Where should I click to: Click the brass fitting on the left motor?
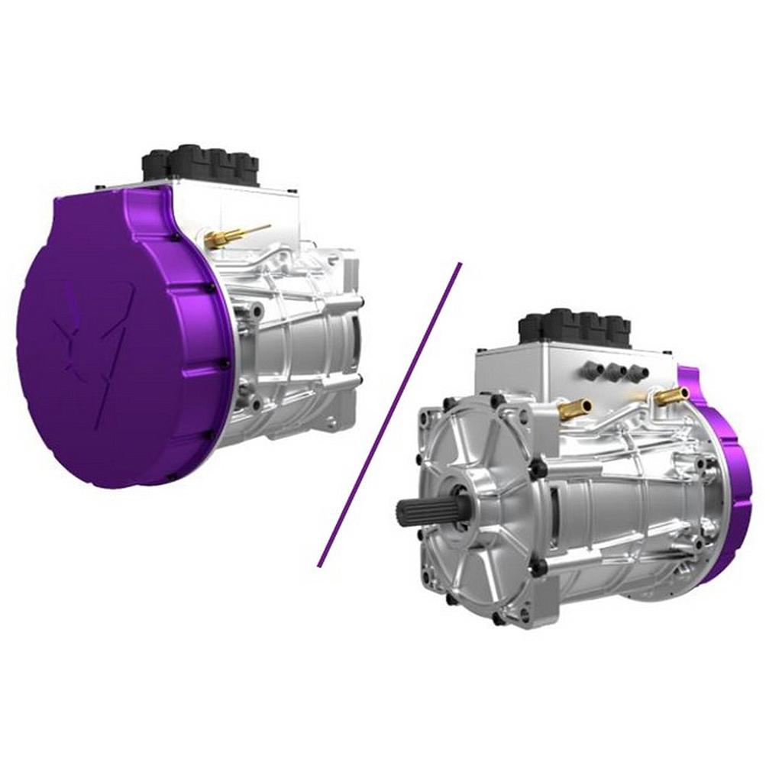click(225, 236)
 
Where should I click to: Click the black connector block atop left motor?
click(201, 164)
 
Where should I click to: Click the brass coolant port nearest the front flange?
click(574, 410)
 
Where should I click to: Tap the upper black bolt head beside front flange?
click(538, 467)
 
